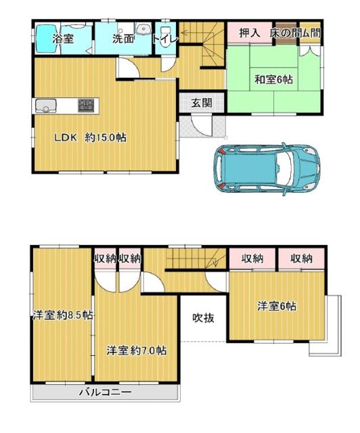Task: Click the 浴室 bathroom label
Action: click(x=63, y=39)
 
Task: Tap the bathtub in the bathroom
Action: click(x=47, y=39)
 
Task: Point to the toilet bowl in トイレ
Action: click(x=165, y=39)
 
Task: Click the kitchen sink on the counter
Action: click(x=45, y=106)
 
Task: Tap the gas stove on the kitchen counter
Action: click(x=87, y=106)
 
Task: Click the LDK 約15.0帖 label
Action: click(x=91, y=137)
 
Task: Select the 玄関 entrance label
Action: click(x=202, y=103)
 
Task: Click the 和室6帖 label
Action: click(x=273, y=80)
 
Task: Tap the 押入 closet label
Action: click(x=250, y=33)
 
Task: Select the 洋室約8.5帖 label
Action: click(x=63, y=315)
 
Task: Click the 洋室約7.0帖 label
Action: click(x=137, y=350)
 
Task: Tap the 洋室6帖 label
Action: click(x=277, y=306)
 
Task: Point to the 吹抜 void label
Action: click(x=203, y=318)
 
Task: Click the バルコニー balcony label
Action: click(x=106, y=392)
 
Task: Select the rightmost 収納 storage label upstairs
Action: click(x=301, y=258)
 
